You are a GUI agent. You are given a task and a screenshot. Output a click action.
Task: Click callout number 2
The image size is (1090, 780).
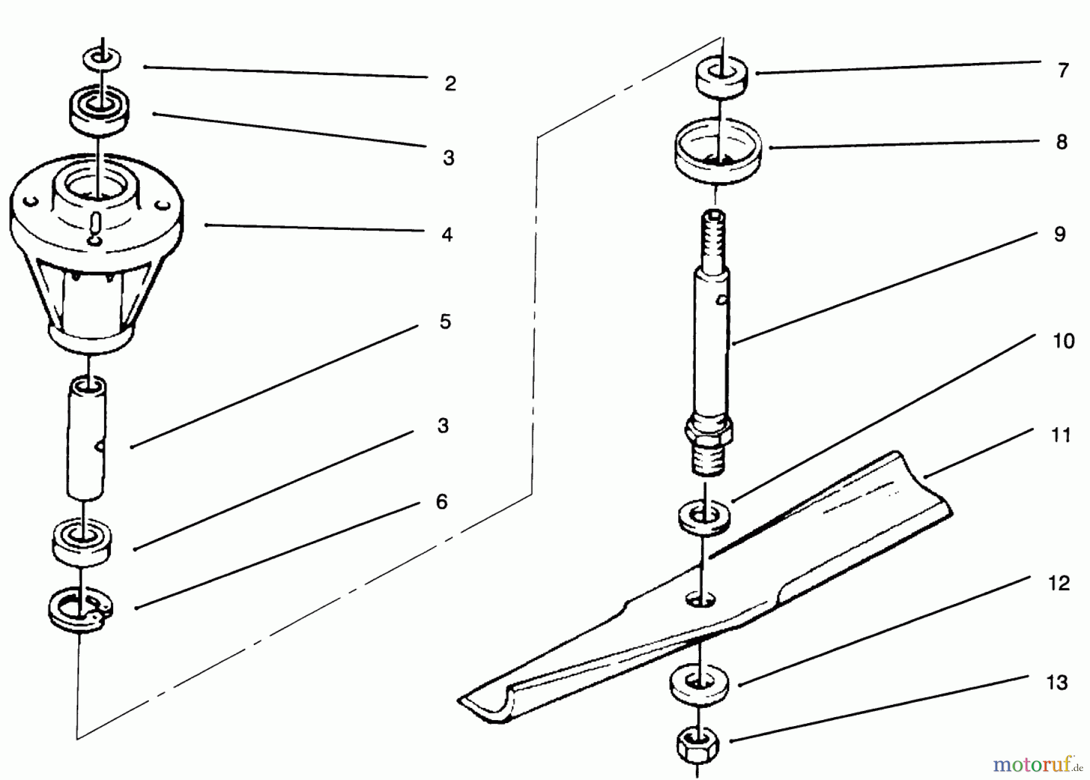450,84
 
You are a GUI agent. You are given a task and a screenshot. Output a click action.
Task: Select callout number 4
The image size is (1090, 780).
447,234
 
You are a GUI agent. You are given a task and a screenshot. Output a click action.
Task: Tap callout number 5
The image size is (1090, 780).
445,321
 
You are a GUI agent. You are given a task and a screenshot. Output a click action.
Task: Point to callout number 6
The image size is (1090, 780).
441,502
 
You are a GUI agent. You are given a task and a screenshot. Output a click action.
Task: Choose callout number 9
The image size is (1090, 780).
1060,234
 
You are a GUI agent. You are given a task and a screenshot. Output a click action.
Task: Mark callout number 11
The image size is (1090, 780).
1061,435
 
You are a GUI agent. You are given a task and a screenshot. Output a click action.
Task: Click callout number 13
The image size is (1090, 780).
1057,683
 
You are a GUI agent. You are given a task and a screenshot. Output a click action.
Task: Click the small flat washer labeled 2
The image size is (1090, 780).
102,59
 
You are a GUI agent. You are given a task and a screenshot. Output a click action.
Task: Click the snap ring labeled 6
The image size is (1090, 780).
80,612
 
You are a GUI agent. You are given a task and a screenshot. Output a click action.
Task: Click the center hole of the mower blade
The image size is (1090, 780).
701,599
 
